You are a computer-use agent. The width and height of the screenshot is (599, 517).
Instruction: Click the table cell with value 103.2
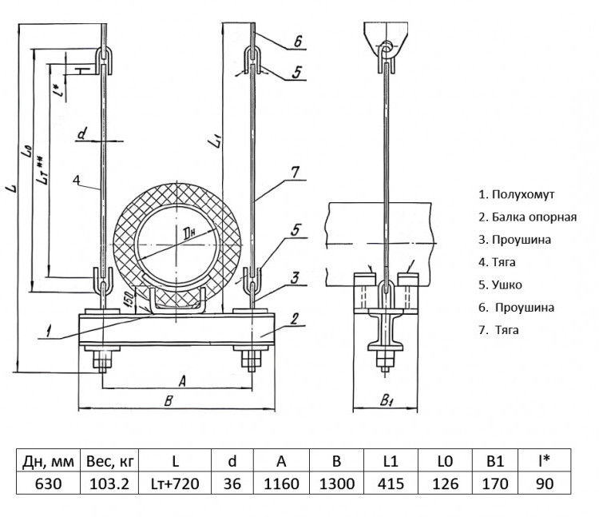tap(109, 483)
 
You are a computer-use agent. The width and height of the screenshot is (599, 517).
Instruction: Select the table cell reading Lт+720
tap(175, 483)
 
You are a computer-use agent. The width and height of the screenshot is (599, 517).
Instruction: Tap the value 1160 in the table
tap(281, 483)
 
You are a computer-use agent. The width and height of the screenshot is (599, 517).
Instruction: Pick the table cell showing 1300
tap(336, 483)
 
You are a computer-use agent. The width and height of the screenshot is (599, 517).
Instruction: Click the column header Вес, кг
tap(109, 461)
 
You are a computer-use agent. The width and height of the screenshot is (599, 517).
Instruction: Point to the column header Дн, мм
tap(48, 461)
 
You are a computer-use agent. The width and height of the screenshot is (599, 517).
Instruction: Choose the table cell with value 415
tap(391, 483)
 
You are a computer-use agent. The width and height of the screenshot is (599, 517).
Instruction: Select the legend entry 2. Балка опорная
tap(528, 217)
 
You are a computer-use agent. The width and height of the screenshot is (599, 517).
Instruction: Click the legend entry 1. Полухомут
tap(516, 194)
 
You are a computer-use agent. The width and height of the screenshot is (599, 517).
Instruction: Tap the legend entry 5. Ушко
tap(500, 284)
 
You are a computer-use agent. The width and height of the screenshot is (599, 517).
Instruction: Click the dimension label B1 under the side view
tap(387, 400)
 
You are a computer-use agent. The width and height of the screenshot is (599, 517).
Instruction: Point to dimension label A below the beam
tap(182, 380)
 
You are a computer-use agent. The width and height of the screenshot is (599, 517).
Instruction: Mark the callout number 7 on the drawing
tap(296, 173)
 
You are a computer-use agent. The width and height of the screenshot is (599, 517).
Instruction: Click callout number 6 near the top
tap(298, 42)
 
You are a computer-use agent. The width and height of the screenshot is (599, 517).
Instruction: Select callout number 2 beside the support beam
tap(294, 319)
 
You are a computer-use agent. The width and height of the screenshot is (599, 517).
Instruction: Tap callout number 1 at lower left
tap(49, 331)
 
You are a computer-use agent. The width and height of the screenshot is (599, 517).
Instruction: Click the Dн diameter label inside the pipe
tap(189, 233)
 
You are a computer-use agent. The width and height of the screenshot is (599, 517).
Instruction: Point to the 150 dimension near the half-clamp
tap(129, 299)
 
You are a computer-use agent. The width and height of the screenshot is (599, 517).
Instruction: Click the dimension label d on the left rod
tap(82, 134)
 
